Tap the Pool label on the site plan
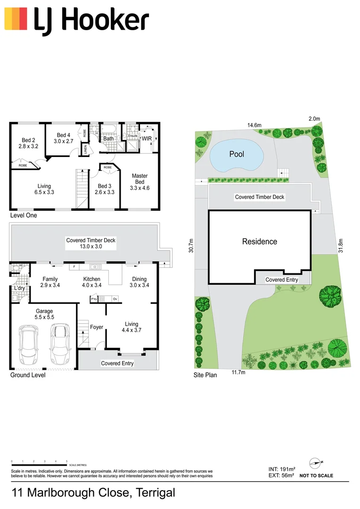237,154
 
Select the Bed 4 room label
63,138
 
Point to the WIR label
146,138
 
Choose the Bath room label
109,139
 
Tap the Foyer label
97,327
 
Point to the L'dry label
19,288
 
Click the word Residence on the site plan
260,241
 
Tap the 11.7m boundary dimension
238,373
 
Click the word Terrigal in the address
155,493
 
